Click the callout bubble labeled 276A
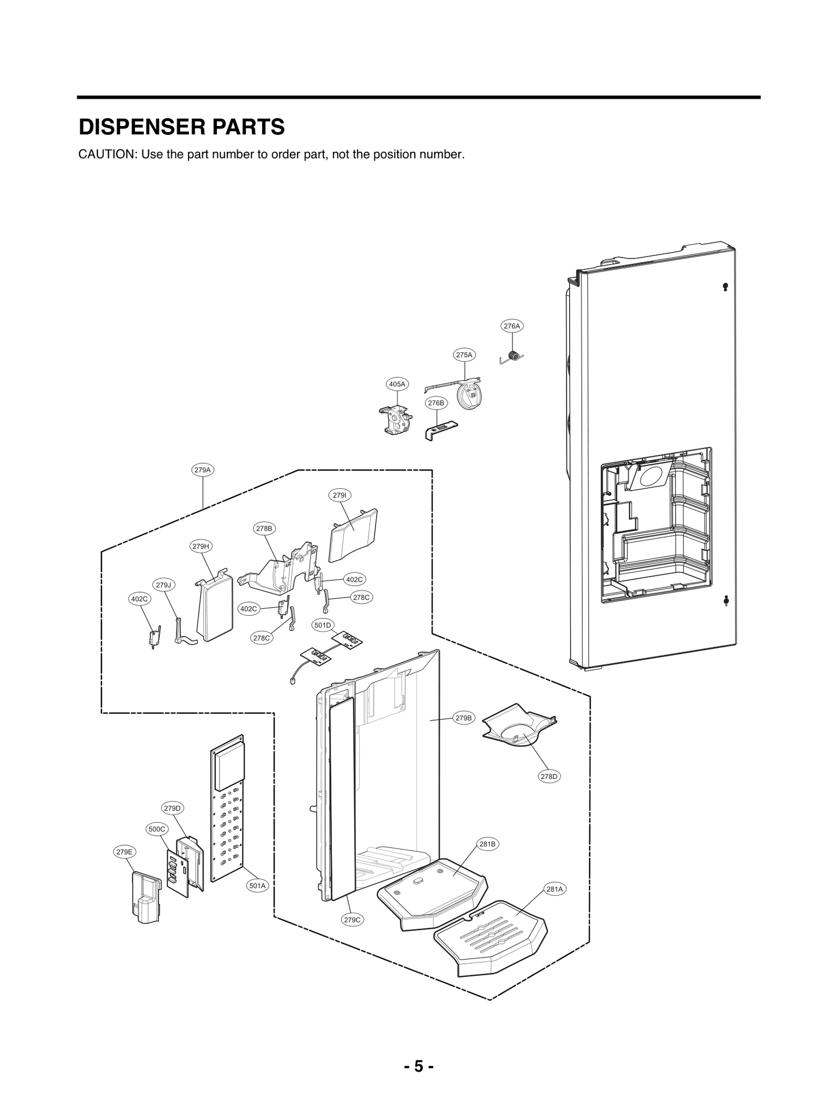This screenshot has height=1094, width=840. click(x=511, y=326)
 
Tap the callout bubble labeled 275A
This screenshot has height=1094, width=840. click(x=464, y=355)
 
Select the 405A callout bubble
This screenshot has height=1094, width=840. click(x=397, y=384)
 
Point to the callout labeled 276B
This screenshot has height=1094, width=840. click(x=436, y=403)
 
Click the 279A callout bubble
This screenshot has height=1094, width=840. click(x=202, y=470)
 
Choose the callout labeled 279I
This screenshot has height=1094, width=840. click(x=340, y=495)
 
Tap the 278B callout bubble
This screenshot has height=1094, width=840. click(x=264, y=529)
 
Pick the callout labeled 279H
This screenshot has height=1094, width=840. click(x=201, y=546)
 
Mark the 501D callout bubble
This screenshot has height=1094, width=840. click(x=323, y=625)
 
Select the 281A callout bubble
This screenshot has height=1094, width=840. click(x=555, y=889)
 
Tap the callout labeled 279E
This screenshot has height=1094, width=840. click(x=124, y=852)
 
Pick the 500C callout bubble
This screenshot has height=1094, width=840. click(x=157, y=829)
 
